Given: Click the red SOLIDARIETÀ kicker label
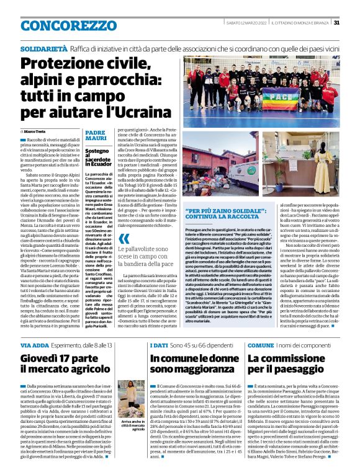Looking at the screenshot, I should tap(43, 47).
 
